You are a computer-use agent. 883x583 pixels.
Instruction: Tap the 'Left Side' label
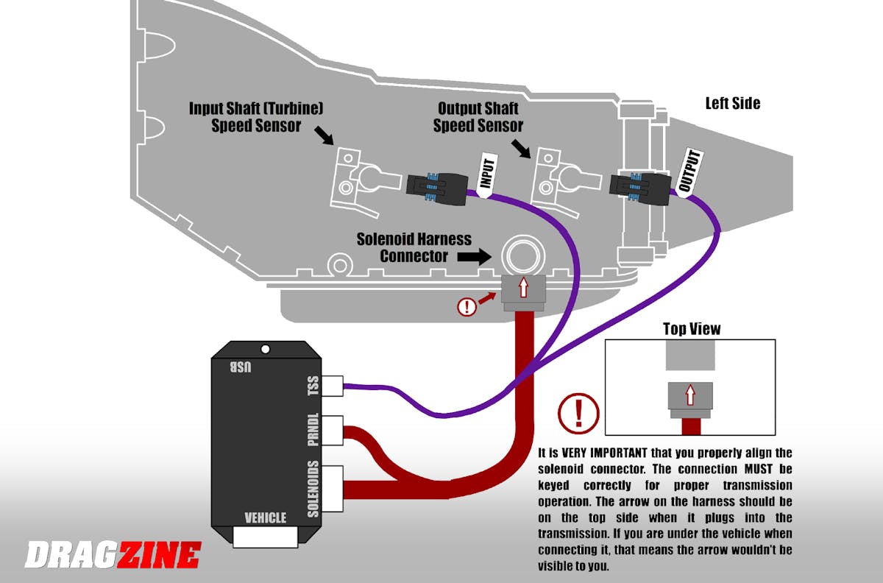tap(732, 103)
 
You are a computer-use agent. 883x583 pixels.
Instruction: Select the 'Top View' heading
tap(692, 328)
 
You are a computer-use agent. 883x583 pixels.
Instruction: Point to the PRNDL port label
tap(313, 431)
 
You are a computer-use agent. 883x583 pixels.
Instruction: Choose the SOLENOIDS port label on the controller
tap(313, 490)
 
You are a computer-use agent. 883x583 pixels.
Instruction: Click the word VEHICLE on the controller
tap(265, 517)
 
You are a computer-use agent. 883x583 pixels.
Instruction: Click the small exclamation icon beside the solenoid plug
tap(467, 305)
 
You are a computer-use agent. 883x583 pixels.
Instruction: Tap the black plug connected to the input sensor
tap(436, 185)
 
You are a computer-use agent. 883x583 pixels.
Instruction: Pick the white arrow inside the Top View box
tap(690, 395)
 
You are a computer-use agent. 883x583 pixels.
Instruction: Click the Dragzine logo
tap(113, 554)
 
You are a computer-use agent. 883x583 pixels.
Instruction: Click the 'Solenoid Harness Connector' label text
tap(414, 247)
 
